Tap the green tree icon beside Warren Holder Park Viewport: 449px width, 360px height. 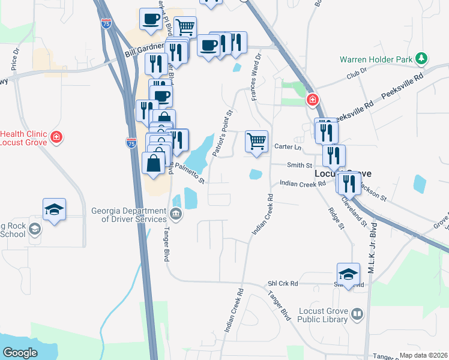(423, 58)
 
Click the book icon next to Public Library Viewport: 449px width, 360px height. (357, 314)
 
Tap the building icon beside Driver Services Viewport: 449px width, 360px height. (175, 213)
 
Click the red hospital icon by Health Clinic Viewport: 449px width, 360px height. (56, 137)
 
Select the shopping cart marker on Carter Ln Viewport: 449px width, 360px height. (256, 142)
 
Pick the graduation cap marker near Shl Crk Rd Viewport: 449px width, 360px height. (348, 274)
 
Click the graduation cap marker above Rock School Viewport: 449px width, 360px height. (54, 209)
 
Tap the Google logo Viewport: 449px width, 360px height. (20, 353)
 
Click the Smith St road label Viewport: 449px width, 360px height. (300, 165)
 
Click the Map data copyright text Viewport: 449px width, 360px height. (424, 355)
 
